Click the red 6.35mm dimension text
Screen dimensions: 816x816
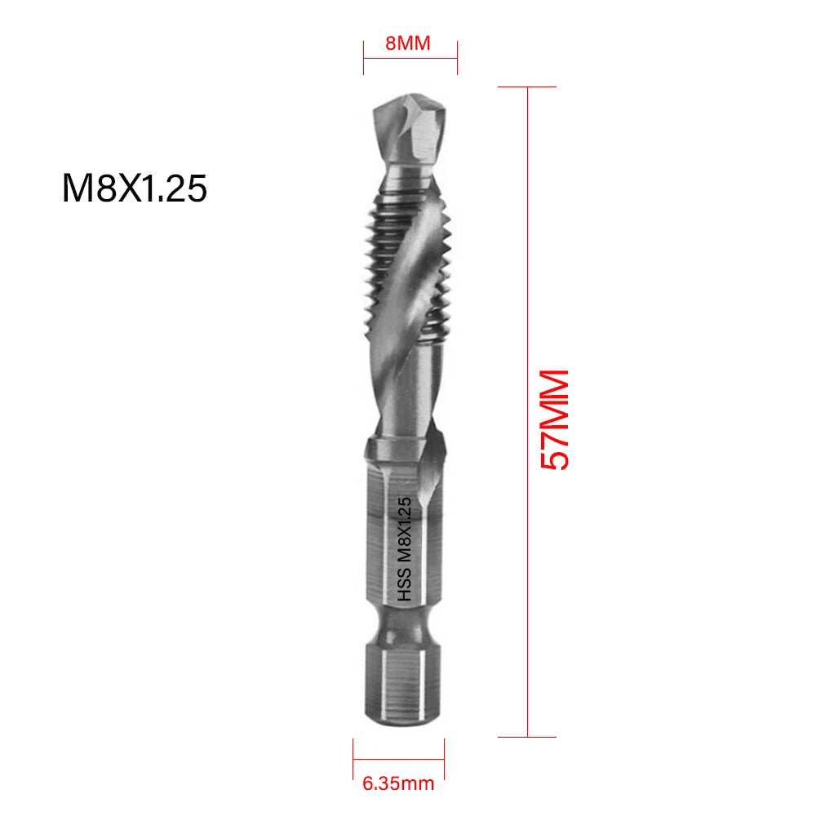(398, 785)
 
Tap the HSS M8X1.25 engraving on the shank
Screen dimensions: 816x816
(406, 551)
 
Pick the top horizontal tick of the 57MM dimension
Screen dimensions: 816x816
(529, 86)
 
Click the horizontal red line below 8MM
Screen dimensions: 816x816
(410, 60)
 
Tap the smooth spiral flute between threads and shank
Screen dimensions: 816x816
(400, 392)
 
